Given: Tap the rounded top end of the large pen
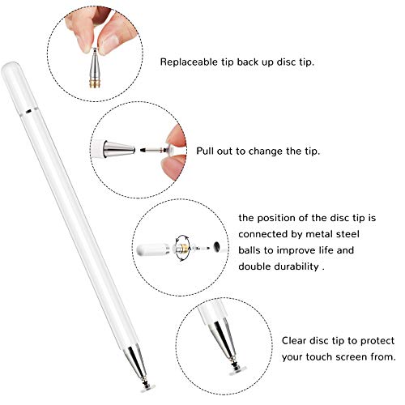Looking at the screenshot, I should pyautogui.click(x=19, y=68).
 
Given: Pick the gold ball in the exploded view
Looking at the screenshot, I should pyautogui.click(x=185, y=243).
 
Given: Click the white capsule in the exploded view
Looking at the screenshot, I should pyautogui.click(x=161, y=243).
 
